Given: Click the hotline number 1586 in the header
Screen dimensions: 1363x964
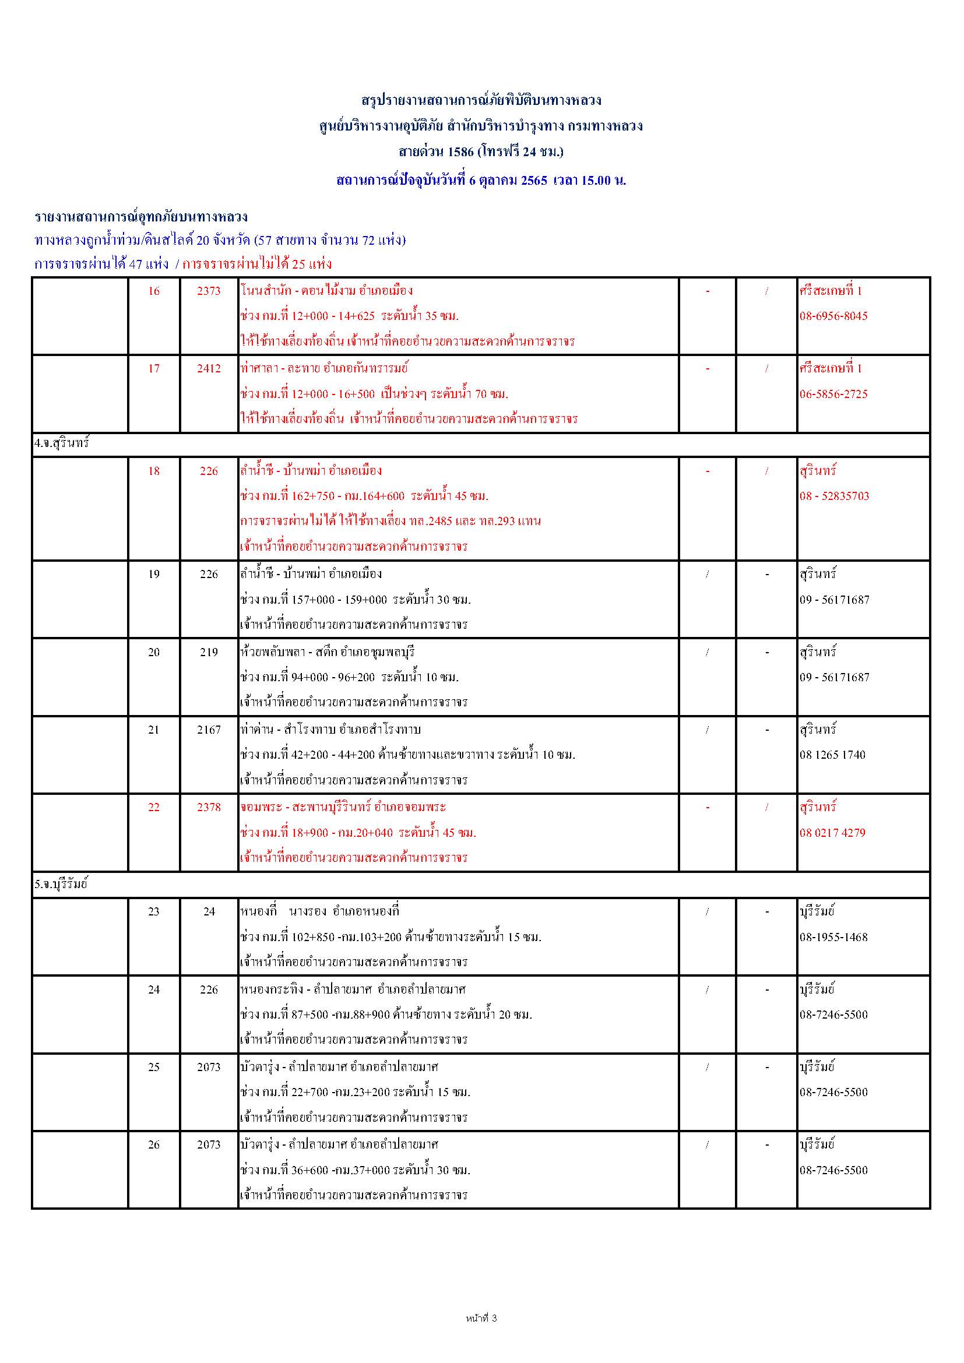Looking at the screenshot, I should tap(460, 152).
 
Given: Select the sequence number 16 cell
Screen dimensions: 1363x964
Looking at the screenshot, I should tap(154, 291).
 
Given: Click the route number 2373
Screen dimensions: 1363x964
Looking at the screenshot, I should tap(209, 291).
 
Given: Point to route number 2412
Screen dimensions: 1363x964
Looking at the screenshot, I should tap(209, 369).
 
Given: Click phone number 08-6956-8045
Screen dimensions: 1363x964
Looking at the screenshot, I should tap(833, 316).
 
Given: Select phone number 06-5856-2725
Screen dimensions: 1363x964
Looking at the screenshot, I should tap(833, 394).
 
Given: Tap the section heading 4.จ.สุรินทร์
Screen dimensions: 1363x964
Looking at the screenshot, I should tap(62, 443).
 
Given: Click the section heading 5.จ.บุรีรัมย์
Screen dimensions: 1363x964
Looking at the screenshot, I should tap(61, 884).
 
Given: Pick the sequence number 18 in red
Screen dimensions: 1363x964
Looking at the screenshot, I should tap(154, 471).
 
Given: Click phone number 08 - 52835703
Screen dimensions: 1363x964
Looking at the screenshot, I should tap(834, 496).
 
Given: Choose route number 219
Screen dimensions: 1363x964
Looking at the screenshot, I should tap(209, 653).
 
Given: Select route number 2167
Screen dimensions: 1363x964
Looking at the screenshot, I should tap(209, 730).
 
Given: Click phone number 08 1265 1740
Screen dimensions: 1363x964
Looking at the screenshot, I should tap(832, 755).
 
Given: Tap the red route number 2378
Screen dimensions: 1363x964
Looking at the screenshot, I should tap(209, 807).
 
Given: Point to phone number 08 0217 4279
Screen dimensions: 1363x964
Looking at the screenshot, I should tap(832, 833).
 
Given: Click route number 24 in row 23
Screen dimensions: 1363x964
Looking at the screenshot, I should tap(209, 912).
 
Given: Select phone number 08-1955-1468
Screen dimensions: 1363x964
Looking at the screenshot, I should tap(833, 938).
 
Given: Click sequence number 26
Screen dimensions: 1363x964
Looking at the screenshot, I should tap(154, 1145).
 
